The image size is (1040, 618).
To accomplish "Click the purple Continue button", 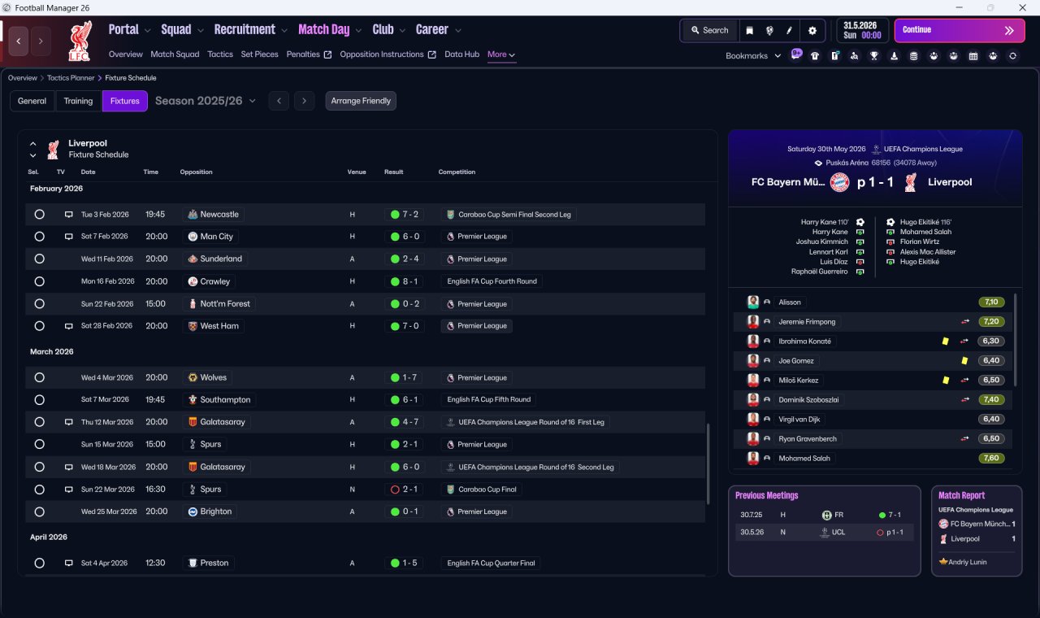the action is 960,30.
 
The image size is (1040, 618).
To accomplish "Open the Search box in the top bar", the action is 710,30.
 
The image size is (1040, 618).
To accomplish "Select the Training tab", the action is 78,101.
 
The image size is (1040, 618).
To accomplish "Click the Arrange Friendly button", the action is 361,101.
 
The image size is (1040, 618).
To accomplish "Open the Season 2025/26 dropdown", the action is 206,101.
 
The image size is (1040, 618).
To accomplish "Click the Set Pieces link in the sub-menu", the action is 259,54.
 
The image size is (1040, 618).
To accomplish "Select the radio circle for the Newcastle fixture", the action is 40,214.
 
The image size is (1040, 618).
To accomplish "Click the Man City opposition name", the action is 216,237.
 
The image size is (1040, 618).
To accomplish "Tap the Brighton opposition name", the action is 216,511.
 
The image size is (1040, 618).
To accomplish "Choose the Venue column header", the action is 357,172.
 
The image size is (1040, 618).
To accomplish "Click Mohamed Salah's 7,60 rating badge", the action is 991,458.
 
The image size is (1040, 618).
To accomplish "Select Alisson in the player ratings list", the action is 789,302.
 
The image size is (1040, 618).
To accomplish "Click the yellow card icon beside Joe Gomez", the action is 964,360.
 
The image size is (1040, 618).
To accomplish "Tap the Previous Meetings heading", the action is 766,495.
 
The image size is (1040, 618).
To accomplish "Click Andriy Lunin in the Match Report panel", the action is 968,562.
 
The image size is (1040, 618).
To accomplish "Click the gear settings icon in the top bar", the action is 812,31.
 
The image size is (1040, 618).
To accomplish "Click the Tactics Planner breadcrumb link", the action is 71,77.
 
